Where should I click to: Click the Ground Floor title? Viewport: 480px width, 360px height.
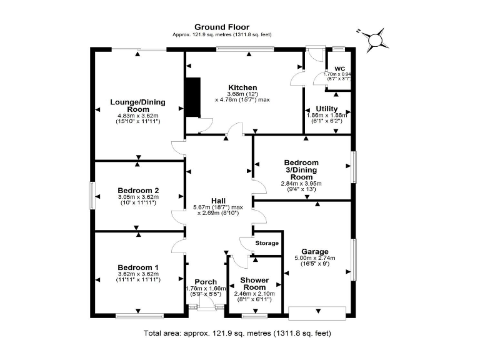pyautogui.click(x=221, y=27)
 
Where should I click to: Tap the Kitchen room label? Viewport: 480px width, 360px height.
pyautogui.click(x=242, y=87)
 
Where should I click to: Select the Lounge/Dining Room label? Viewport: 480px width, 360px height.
pyautogui.click(x=137, y=106)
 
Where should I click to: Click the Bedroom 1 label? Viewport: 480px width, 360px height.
pyautogui.click(x=137, y=267)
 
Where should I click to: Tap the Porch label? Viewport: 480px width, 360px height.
pyautogui.click(x=206, y=281)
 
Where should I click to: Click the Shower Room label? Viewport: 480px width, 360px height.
pyautogui.click(x=256, y=284)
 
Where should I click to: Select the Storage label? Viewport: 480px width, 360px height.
pyautogui.click(x=266, y=244)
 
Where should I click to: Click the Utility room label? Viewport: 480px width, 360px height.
pyautogui.click(x=327, y=109)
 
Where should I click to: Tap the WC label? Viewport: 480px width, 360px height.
pyautogui.click(x=339, y=69)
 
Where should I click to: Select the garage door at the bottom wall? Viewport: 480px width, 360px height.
pyautogui.click(x=317, y=312)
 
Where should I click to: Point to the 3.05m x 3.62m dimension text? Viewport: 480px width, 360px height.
pyautogui.click(x=137, y=197)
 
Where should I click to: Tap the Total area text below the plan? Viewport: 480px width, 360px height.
pyautogui.click(x=237, y=333)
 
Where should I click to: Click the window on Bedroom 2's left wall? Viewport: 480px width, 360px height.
pyautogui.click(x=92, y=195)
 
